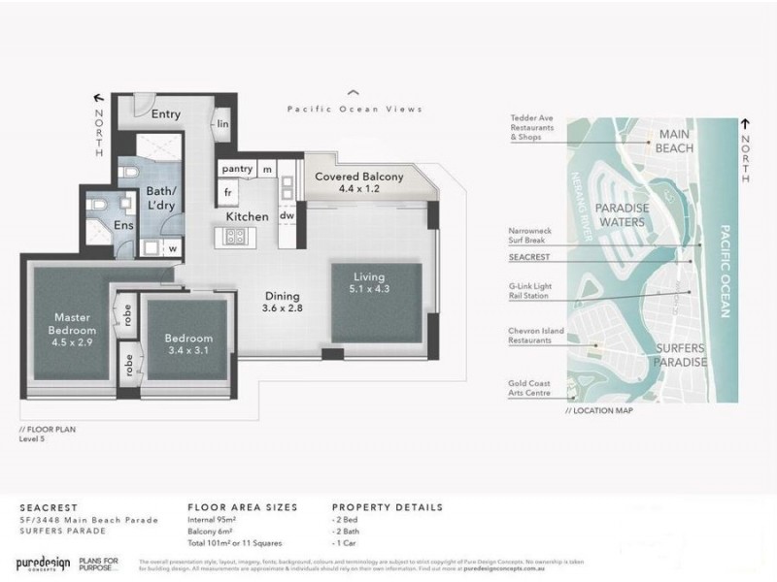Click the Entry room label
tap(165, 113)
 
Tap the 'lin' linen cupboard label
tap(222, 123)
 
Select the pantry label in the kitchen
tap(237, 169)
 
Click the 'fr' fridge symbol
tap(227, 192)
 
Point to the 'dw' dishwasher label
tap(287, 215)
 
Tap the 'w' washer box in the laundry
tap(172, 248)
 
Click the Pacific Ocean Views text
tap(355, 110)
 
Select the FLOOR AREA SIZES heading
tap(242, 507)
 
